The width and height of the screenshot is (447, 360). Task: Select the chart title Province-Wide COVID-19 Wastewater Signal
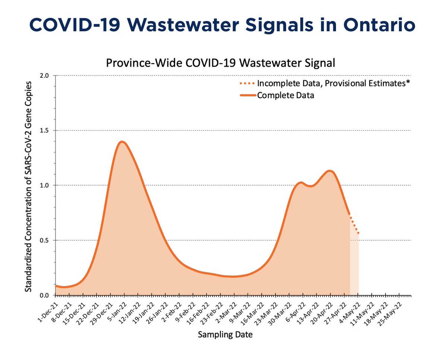coord(221,63)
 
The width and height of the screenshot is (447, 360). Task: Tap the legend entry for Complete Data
coord(285,95)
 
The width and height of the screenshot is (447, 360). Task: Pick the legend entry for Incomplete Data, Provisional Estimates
coord(333,83)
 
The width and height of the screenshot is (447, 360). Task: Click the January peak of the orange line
coord(121,141)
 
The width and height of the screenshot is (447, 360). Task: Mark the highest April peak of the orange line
coord(330,171)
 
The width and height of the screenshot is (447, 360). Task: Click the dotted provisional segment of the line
coord(354,226)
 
